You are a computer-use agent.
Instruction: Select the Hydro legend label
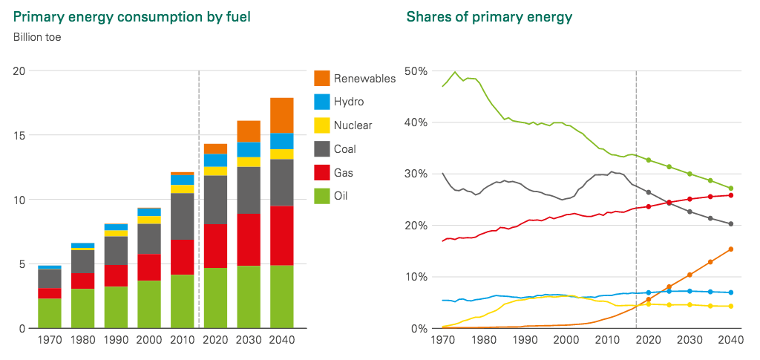pyautogui.click(x=350, y=102)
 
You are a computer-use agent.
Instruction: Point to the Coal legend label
pyautogui.click(x=346, y=149)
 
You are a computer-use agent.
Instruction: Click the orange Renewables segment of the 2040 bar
pyautogui.click(x=281, y=115)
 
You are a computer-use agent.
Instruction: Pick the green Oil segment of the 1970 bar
pyautogui.click(x=50, y=313)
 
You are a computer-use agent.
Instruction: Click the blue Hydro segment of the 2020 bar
pyautogui.click(x=215, y=160)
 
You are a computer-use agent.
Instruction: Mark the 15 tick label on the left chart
pyautogui.click(x=19, y=135)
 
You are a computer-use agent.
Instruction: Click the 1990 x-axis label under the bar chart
pyautogui.click(x=116, y=340)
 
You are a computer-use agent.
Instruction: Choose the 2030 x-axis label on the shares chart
pyautogui.click(x=690, y=340)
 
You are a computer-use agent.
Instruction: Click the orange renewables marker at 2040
pyautogui.click(x=731, y=249)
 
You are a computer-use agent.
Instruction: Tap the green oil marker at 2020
pyautogui.click(x=649, y=160)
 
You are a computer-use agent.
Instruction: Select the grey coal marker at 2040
pyautogui.click(x=731, y=224)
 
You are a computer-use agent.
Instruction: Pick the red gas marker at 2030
pyautogui.click(x=690, y=199)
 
